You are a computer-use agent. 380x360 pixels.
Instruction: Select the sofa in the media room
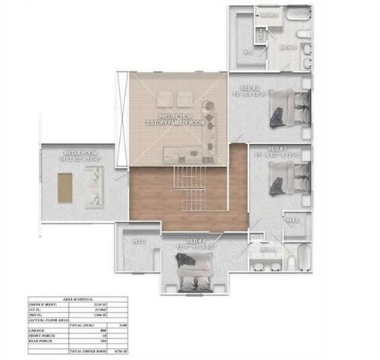pos(94,186)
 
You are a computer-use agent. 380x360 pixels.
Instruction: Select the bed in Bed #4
pos(194,270)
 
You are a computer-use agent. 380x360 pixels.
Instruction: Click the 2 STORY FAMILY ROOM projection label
pos(177,120)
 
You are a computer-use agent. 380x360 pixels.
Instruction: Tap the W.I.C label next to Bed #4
pos(138,241)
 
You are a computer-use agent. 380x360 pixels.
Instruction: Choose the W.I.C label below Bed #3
pos(292,220)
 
